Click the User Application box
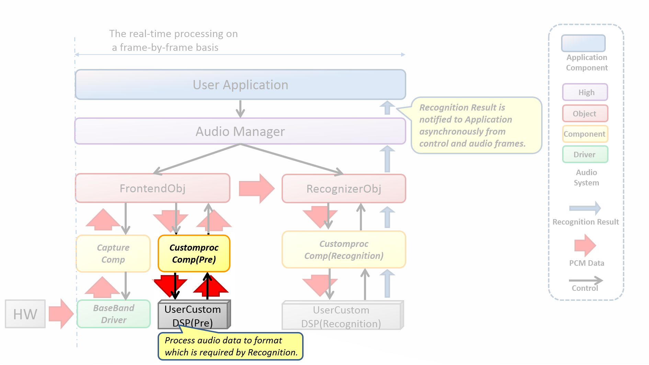coord(240,85)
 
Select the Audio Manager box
coord(240,132)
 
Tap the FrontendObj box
coord(152,188)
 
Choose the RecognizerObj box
coord(344,189)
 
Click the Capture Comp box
coord(113,253)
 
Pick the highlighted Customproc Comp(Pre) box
coord(194,253)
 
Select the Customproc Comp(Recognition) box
coord(344,250)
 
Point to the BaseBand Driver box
coord(114,314)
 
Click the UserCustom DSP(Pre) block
coord(193,315)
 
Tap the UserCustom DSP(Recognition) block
coord(341,316)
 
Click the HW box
coord(25,314)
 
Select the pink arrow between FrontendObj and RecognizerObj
coord(256,189)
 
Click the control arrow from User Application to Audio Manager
coord(240,109)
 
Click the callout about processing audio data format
coord(230,346)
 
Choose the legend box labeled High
coord(585,92)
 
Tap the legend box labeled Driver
coord(585,155)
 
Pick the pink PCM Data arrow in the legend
coord(585,245)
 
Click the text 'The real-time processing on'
coord(173,34)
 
